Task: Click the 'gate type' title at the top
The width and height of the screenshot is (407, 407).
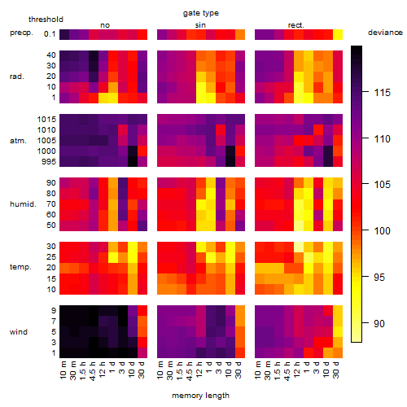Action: click(201, 13)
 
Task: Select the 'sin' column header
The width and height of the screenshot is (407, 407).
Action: click(200, 25)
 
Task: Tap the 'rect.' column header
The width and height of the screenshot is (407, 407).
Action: click(295, 25)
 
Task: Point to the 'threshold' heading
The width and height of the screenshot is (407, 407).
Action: click(46, 20)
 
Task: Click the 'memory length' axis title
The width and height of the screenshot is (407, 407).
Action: click(200, 396)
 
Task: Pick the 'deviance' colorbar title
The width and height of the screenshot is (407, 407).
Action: click(385, 33)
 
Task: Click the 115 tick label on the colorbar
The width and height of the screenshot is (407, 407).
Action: click(383, 93)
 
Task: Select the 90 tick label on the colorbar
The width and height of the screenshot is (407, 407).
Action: click(379, 323)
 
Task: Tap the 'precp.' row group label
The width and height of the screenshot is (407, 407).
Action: click(21, 33)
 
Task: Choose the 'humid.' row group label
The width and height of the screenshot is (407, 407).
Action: click(23, 204)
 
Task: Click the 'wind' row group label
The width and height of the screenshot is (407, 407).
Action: click(19, 332)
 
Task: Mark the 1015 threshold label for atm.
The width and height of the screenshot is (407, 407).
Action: click(46, 120)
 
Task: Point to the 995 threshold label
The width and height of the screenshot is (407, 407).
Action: click(49, 162)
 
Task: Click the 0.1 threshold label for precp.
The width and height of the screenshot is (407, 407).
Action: click(50, 34)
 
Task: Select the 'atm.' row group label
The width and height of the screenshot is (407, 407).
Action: click(18, 141)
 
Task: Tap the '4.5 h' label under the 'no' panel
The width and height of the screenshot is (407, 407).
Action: click(93, 370)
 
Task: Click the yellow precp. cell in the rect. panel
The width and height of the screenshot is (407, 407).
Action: click(338, 34)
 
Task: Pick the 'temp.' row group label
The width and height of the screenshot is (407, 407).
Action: click(20, 267)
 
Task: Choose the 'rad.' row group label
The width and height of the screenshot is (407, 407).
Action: click(17, 77)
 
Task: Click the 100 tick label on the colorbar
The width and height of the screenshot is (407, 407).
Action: click(383, 231)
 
